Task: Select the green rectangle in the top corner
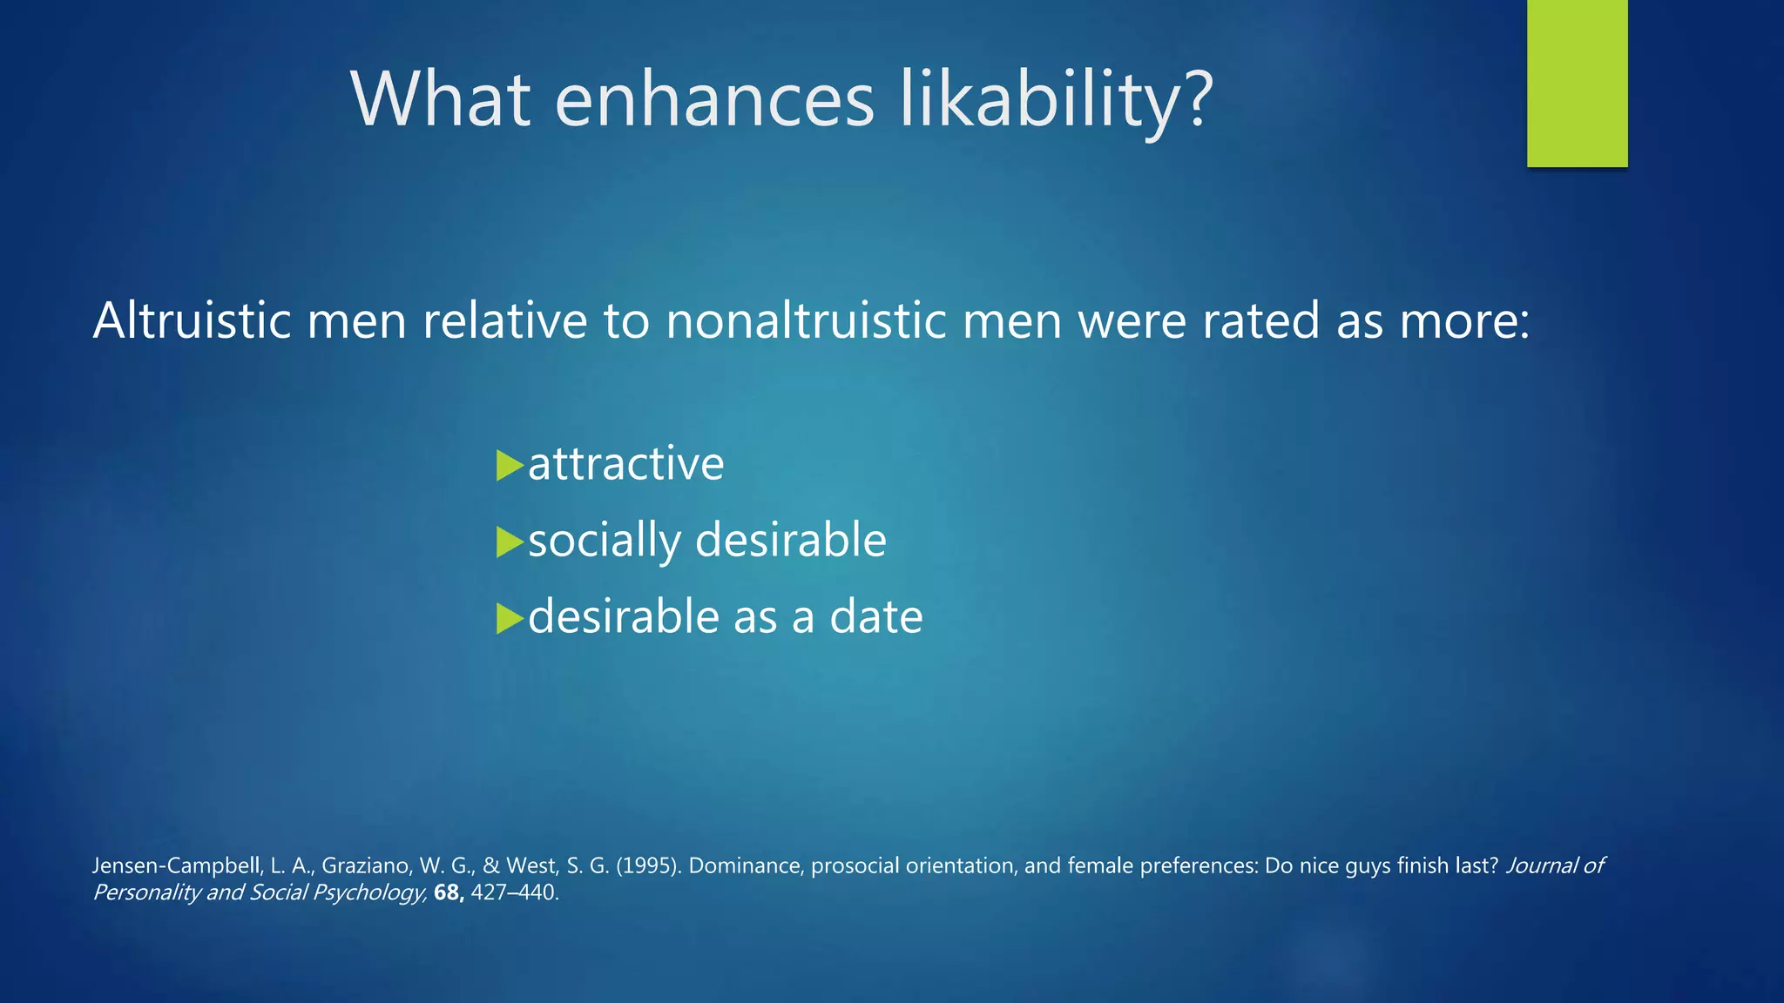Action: click(1577, 83)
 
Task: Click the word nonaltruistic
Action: click(806, 320)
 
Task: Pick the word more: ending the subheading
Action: click(1464, 320)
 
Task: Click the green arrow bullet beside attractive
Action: click(509, 465)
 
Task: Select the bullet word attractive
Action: click(625, 463)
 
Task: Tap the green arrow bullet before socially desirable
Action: click(509, 542)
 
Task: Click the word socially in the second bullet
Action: click(605, 542)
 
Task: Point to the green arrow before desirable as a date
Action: click(509, 618)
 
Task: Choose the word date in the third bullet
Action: click(875, 617)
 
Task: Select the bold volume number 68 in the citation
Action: click(447, 892)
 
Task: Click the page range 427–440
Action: click(513, 892)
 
